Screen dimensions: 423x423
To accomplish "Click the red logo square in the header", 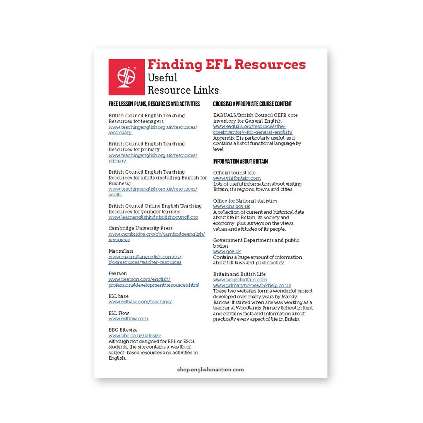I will coord(126,77).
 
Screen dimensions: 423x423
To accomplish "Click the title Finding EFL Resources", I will coord(227,65).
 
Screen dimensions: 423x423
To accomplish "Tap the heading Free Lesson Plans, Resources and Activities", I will coord(154,104).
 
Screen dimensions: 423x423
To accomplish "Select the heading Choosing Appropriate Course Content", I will coord(252,104).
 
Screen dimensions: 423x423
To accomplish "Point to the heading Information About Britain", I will coord(240,161).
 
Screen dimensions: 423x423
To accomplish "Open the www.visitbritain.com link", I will coord(237,178).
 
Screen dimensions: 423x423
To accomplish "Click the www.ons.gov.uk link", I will coord(232,206).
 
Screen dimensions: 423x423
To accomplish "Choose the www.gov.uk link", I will coord(227,251).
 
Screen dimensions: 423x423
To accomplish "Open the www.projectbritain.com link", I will coord(240,280).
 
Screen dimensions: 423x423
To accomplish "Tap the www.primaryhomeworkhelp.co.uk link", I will coord(252,285).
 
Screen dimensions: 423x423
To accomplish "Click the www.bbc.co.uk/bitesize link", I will coord(135,336).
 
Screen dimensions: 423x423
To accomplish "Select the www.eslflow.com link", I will coord(128,319).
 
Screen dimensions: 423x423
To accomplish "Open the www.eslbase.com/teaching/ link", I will coord(140,302).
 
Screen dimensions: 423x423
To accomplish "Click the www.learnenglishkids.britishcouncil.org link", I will coord(153,217).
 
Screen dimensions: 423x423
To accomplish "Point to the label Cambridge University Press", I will coord(141,228).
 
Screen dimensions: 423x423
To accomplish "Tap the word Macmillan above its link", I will coord(121,251).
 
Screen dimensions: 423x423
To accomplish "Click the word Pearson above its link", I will coord(118,273).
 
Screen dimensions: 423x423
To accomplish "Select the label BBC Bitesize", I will coord(123,330).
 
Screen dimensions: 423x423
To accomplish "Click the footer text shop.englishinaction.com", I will coord(210,370).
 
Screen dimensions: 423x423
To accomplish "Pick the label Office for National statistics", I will coord(245,201).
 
